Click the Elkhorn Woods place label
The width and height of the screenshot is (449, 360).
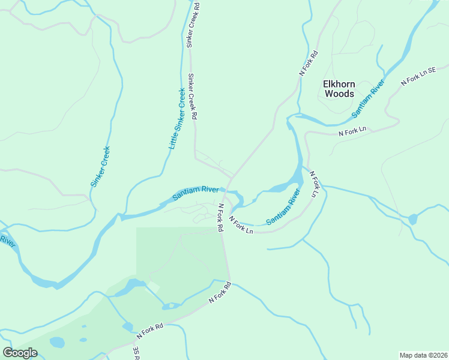[x=339, y=89]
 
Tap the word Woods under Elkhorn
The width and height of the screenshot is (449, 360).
[x=339, y=94]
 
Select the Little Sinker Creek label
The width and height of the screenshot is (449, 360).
[x=177, y=119]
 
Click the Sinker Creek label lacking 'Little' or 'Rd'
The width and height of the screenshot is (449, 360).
[x=101, y=167]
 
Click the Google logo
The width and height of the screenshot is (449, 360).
[x=20, y=353]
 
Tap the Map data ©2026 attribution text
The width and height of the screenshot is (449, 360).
[x=423, y=355]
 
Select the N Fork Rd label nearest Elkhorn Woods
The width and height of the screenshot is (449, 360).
[x=309, y=62]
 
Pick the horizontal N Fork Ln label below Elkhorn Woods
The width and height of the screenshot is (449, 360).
[x=352, y=131]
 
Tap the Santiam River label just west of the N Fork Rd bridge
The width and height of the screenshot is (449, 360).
[x=196, y=193]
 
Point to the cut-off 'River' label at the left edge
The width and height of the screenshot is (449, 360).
[x=7, y=241]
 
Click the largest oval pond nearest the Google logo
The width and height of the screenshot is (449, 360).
[x=57, y=343]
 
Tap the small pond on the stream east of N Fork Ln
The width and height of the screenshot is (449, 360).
[x=412, y=219]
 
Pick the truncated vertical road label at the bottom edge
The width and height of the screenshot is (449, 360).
[x=136, y=353]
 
